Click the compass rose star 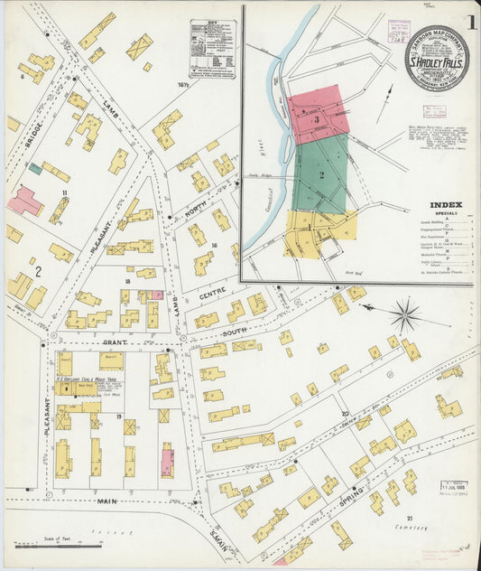[x=405, y=316]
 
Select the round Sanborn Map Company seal [x=437, y=58]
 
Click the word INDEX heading [x=447, y=205]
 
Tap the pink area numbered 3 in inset [x=317, y=116]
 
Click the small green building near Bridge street [x=35, y=168]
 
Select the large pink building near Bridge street [x=23, y=201]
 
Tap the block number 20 [x=344, y=414]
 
